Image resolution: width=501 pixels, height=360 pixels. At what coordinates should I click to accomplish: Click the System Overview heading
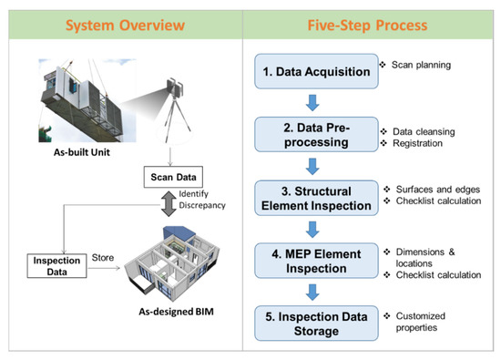(125, 20)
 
